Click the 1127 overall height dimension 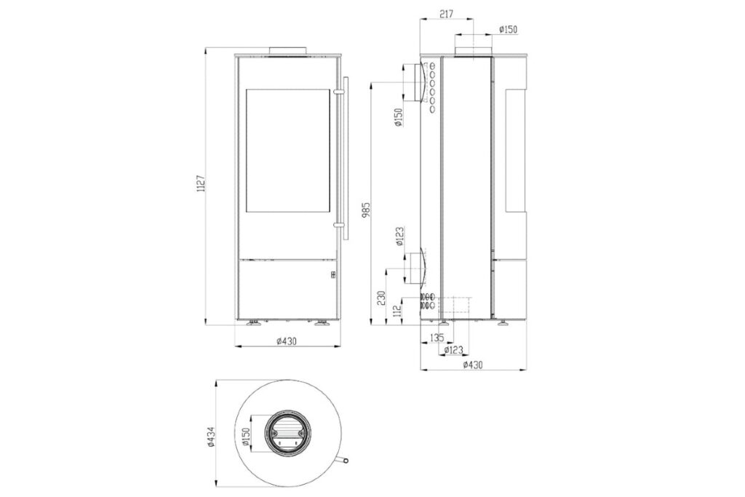[x=201, y=183]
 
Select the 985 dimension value [x=367, y=209]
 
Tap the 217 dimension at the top [x=446, y=15]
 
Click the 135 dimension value [x=437, y=338]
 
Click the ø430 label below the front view [x=286, y=341]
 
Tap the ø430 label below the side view [x=473, y=365]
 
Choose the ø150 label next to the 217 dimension [x=508, y=29]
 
